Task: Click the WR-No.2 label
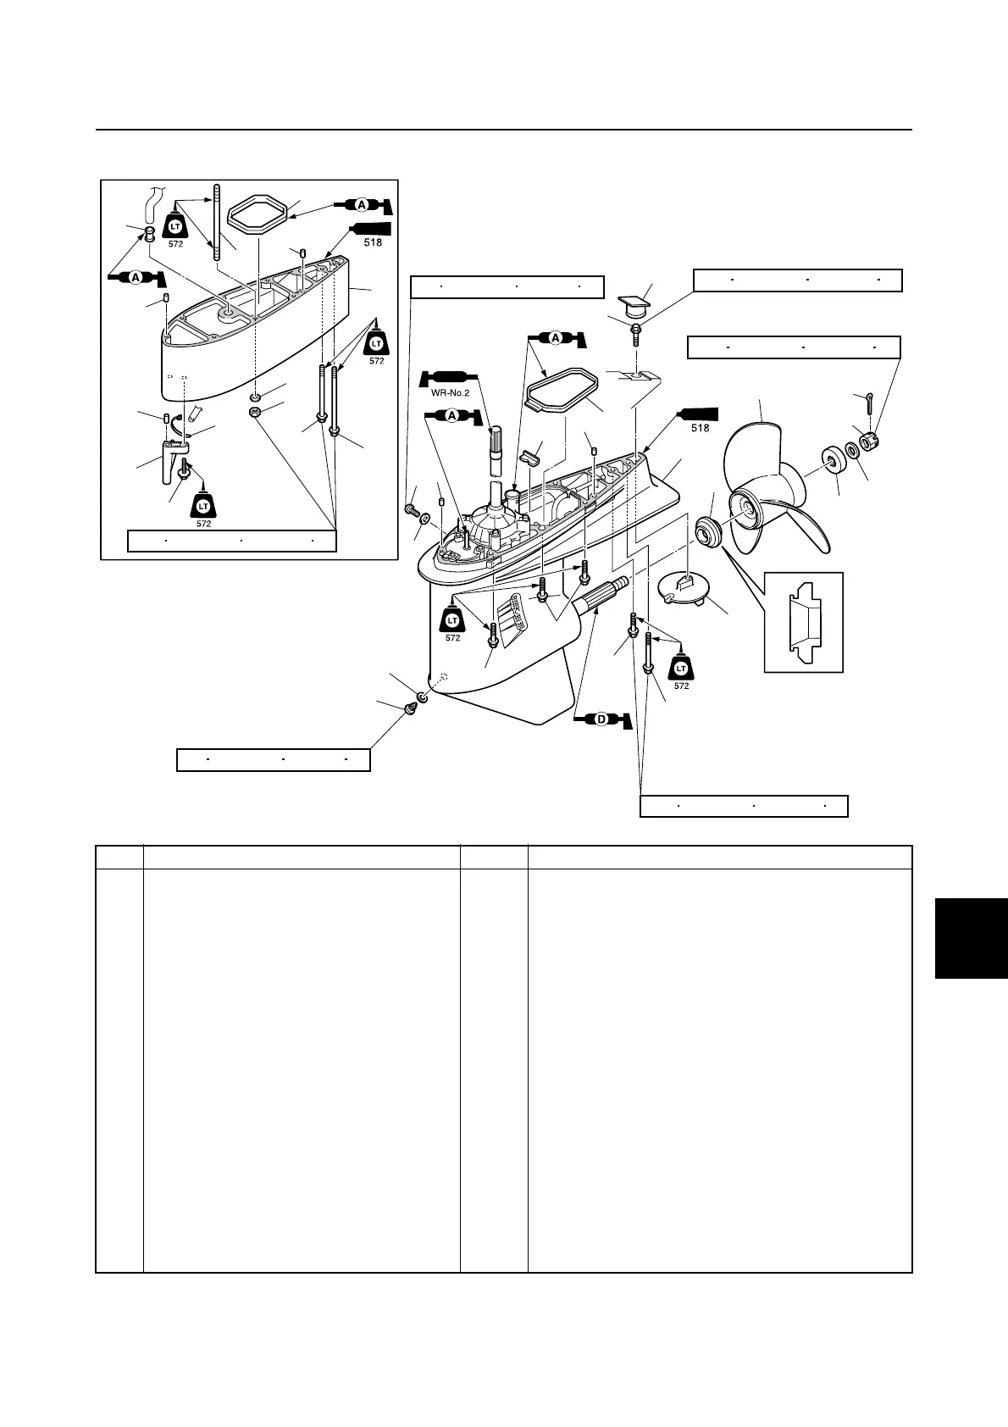tap(450, 393)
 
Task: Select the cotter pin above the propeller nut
tap(870, 403)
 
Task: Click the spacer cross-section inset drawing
tap(804, 622)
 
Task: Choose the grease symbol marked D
tap(601, 720)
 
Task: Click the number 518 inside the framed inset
tap(373, 242)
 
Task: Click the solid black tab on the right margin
tap(971, 938)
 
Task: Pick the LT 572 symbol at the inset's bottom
tap(204, 509)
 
